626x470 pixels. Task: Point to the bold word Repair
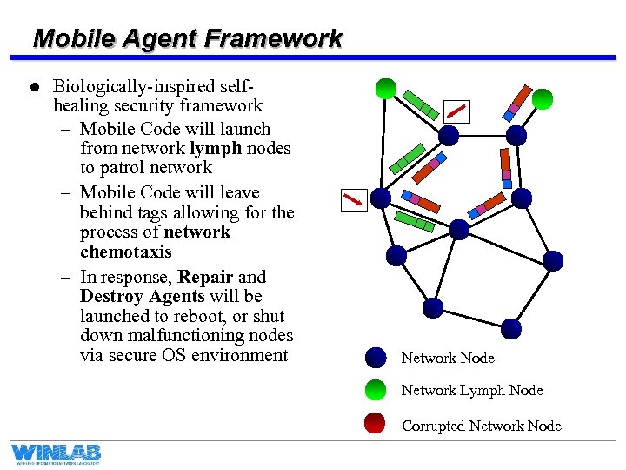click(205, 277)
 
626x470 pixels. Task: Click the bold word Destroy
click(111, 297)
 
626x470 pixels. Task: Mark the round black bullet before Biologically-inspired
click(34, 87)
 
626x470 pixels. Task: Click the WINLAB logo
click(57, 453)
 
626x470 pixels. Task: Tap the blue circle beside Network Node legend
click(376, 358)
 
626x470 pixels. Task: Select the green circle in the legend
click(376, 390)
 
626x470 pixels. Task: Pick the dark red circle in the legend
click(376, 424)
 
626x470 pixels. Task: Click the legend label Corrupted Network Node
click(481, 426)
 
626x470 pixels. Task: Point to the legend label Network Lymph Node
click(471, 390)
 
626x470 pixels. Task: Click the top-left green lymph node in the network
click(386, 88)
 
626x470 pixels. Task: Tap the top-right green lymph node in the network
click(543, 99)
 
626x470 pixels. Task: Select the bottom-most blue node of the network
click(511, 328)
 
